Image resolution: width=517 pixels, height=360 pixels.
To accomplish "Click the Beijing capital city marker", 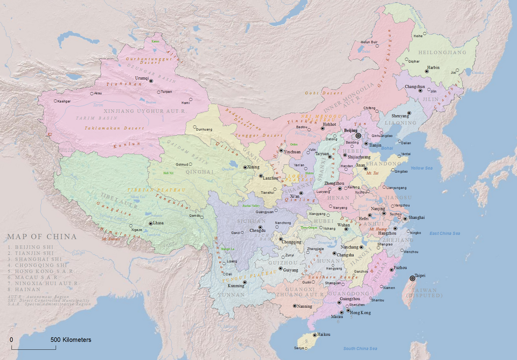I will [358, 136].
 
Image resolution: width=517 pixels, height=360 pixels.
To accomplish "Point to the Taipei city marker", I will [413, 278].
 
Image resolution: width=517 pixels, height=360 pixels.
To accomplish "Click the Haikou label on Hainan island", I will [324, 335].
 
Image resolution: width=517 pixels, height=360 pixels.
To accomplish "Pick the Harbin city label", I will [433, 68].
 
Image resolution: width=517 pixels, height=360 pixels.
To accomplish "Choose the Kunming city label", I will [235, 285].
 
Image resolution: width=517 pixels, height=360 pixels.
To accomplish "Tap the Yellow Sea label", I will [421, 168].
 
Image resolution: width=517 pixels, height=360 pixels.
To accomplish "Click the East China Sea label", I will [444, 233].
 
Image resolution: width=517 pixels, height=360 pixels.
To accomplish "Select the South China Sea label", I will [360, 349].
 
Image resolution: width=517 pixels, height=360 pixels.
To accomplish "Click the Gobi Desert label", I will [319, 93].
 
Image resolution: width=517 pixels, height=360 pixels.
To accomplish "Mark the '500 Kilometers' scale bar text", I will [71, 340].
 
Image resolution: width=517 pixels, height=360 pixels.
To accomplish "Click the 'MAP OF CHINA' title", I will [41, 236].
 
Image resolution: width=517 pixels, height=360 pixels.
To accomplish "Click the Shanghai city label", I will [416, 217].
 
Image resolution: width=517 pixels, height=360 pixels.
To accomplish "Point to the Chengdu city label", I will [257, 231].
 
